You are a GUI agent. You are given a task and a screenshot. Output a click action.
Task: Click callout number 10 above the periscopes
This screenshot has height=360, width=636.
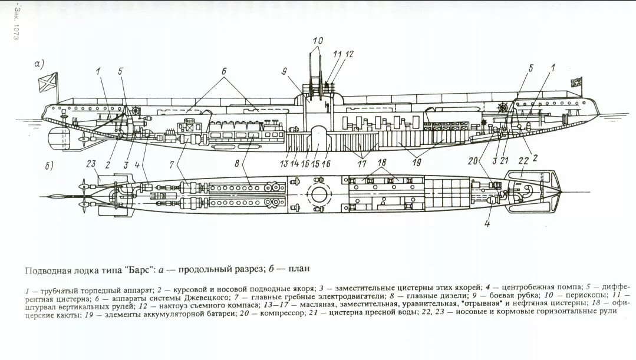coord(318,41)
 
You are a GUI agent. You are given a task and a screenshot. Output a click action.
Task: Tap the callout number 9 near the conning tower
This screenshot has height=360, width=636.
coord(285,72)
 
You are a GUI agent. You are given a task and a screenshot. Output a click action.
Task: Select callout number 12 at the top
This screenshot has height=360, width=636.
coord(350,54)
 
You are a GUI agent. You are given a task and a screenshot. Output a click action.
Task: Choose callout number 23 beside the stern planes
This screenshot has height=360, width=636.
coord(90,164)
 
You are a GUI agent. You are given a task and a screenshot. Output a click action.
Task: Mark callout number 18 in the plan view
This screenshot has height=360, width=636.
coord(382,162)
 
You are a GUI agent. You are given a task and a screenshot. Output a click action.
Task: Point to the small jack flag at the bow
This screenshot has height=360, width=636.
coord(576,82)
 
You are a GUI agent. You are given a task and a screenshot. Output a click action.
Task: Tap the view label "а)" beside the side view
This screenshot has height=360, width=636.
coord(39,64)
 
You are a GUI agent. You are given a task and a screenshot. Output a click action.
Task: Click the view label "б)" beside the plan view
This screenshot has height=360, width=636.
coord(50,166)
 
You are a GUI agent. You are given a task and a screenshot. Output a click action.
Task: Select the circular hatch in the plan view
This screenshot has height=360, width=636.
coord(319,194)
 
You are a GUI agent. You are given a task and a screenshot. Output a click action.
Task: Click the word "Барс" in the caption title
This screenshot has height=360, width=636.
coord(138,269)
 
